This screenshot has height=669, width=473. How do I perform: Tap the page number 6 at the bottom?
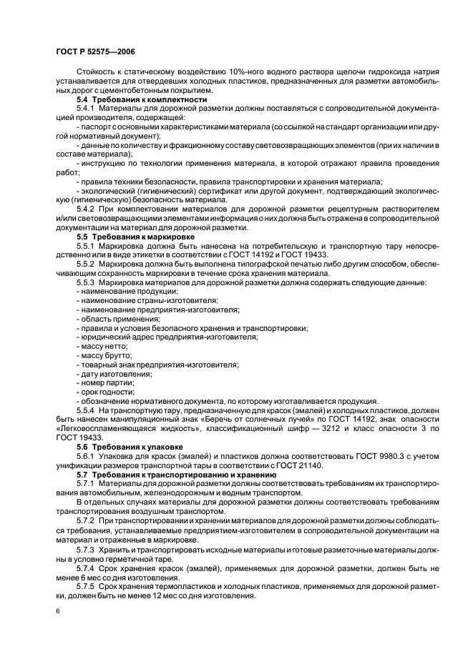(x=58, y=612)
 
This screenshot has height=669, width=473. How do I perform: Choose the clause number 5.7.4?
(x=85, y=567)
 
